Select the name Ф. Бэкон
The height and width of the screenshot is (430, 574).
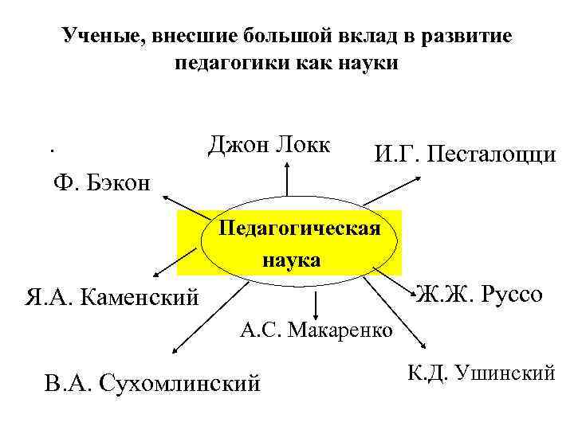(x=101, y=182)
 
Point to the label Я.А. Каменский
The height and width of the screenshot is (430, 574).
(x=112, y=299)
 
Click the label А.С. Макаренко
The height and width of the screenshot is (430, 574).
(x=316, y=330)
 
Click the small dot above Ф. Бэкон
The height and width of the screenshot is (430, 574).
(x=50, y=150)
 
